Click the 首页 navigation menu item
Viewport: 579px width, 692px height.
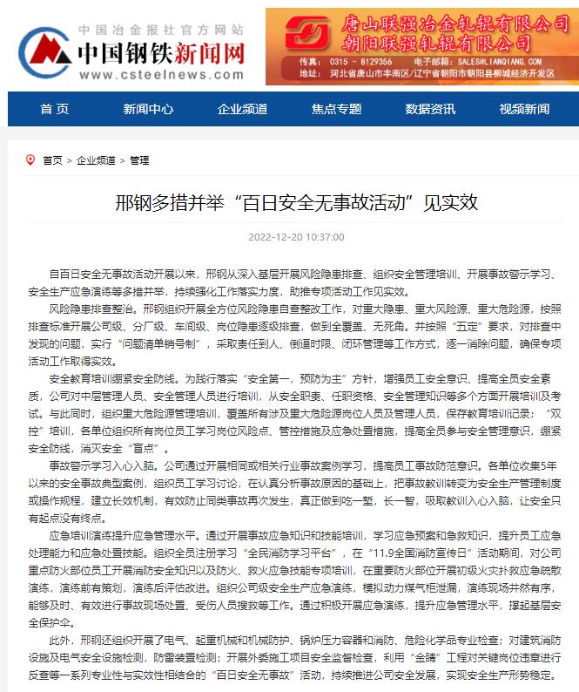point(54,109)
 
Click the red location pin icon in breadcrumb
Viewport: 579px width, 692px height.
point(30,159)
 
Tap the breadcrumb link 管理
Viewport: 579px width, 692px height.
point(139,160)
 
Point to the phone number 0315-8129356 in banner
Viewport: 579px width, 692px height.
point(360,63)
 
